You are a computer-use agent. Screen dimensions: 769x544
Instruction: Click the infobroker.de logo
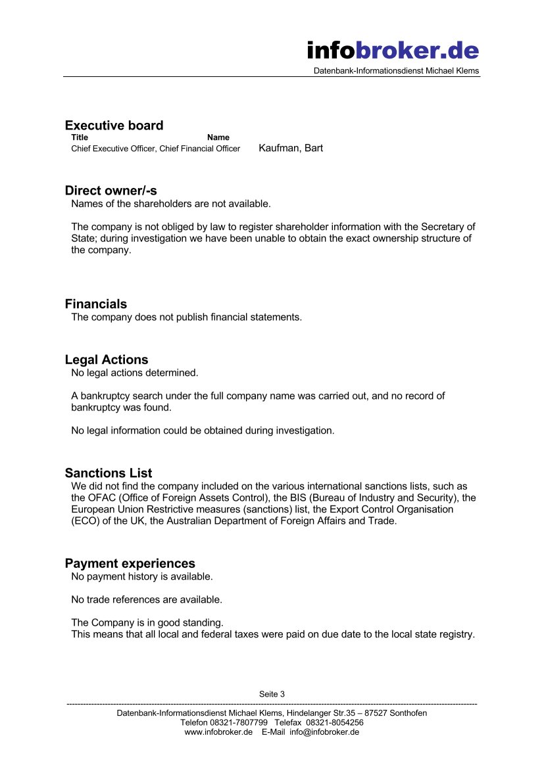point(393,50)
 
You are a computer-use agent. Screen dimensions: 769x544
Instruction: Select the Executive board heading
point(114,126)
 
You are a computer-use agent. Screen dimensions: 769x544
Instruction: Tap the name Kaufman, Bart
point(291,148)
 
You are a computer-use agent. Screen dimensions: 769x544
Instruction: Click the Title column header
point(80,137)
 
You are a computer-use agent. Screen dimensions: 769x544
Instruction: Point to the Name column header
point(218,137)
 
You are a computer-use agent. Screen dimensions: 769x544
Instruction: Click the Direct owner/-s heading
point(111,191)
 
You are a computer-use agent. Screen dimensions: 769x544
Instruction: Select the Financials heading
point(96,304)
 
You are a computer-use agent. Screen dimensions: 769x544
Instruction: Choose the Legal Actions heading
point(107,360)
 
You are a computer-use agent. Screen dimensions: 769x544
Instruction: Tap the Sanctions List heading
point(109,473)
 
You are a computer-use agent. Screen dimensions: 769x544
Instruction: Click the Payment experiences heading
point(130,564)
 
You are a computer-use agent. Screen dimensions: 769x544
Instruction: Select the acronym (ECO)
point(85,521)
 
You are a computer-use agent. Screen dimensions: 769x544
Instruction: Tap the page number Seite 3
point(272,694)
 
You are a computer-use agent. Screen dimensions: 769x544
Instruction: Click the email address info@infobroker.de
point(324,732)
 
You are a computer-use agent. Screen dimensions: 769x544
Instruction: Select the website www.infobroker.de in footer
point(218,732)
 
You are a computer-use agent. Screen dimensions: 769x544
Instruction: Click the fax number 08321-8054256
point(335,722)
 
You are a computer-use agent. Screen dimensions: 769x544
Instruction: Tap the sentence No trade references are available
point(147,599)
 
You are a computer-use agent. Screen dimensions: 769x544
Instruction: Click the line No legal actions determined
point(134,373)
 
